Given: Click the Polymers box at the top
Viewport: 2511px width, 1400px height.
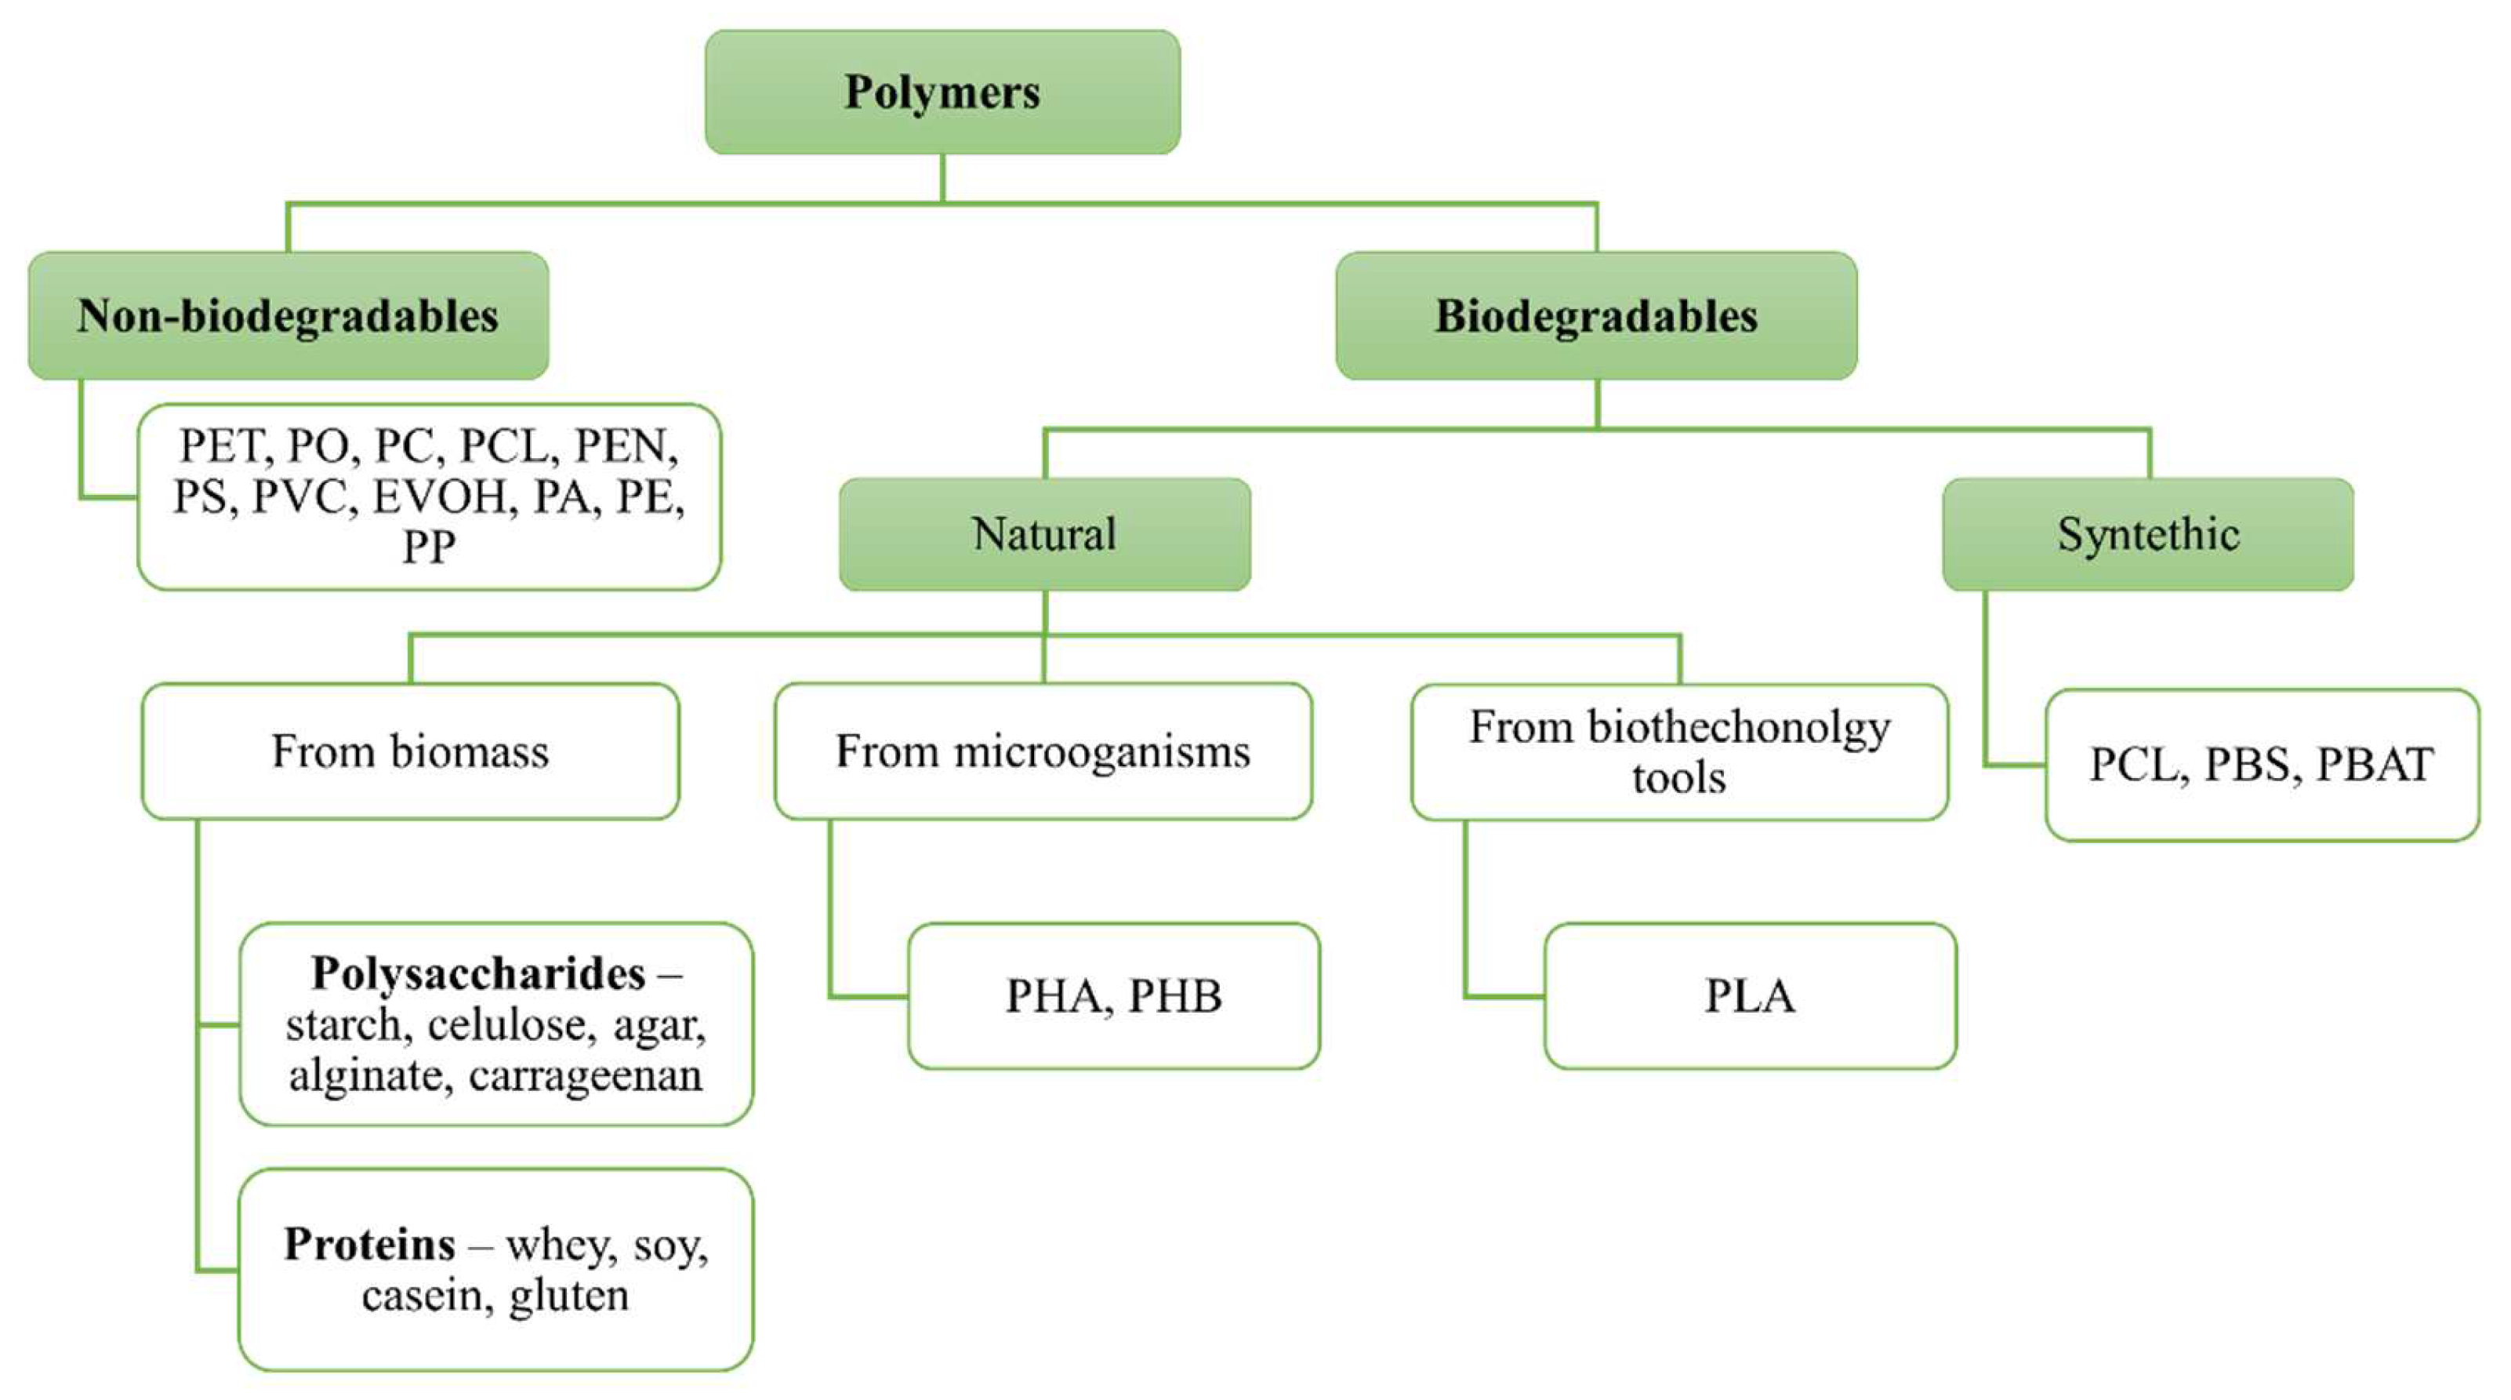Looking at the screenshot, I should click(942, 92).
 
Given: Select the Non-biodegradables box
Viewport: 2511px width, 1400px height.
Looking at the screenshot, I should click(288, 316).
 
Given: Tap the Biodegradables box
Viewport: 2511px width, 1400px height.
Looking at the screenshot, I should click(1595, 316).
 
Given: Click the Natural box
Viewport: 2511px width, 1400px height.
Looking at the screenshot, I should click(1044, 534).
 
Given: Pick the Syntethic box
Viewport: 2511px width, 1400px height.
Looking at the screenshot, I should click(2147, 534).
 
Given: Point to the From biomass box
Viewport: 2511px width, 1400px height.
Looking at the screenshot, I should click(410, 751).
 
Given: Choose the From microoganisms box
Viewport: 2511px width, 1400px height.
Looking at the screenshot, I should click(1043, 751).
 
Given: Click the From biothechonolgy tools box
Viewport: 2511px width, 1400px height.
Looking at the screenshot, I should click(1678, 751).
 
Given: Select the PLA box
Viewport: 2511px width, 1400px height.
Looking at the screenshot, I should click(1750, 996).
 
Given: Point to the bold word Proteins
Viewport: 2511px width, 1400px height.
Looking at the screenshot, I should click(369, 1244).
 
